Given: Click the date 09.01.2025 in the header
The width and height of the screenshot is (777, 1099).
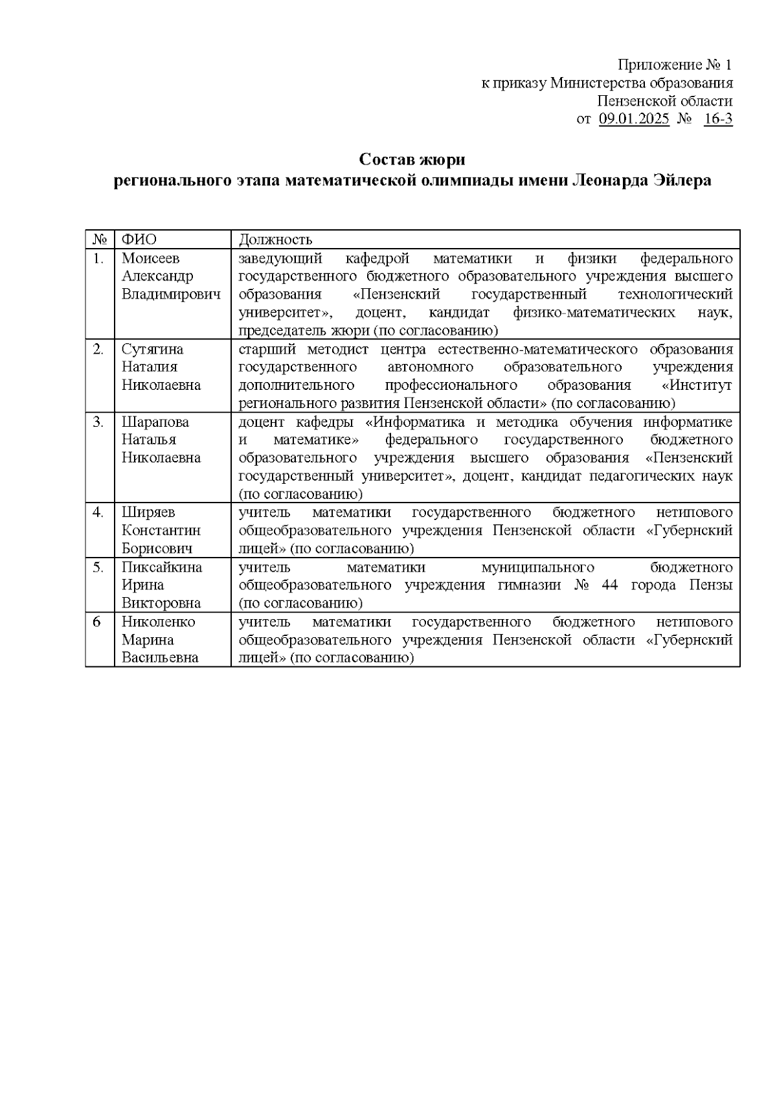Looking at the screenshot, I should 634,119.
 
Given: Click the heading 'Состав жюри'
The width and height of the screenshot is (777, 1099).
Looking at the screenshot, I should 412,159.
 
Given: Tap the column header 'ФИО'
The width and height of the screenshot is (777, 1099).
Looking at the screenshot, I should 139,240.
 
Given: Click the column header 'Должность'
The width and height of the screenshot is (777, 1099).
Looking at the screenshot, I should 276,240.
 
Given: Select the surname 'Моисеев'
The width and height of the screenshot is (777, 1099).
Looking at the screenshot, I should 151,258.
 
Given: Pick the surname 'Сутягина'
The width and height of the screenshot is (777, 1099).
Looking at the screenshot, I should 153,349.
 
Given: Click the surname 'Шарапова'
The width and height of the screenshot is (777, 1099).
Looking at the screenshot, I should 155,422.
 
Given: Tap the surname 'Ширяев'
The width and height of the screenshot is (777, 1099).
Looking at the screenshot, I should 148,512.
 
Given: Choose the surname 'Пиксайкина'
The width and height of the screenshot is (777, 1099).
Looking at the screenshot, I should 162,567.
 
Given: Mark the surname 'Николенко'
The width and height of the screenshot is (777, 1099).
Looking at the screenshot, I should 159,622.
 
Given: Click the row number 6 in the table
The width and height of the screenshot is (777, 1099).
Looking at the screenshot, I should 97,622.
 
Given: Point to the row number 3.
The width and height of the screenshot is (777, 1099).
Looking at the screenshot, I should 98,422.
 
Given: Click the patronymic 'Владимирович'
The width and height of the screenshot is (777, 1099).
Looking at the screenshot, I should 171,295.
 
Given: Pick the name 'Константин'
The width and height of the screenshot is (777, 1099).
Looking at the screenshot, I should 161,530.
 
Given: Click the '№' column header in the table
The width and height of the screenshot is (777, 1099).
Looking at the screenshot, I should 100,240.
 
